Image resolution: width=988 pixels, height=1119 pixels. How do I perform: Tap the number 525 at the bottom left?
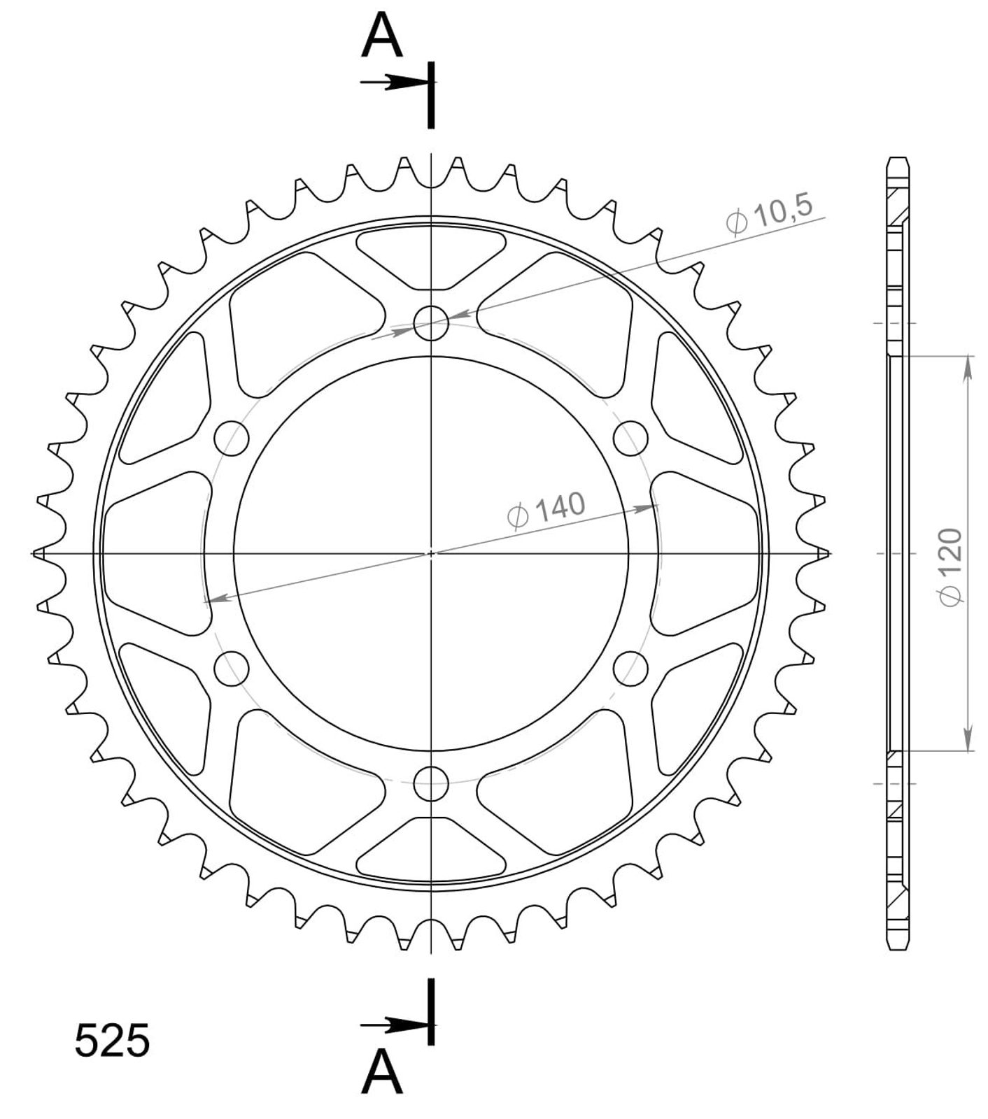coord(112,1041)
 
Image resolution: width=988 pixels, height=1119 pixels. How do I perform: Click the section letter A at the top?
coord(382,36)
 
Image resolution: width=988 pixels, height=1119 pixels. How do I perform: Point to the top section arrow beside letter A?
coord(394,83)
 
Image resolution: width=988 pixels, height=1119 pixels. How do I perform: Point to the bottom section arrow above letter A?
coord(394,1026)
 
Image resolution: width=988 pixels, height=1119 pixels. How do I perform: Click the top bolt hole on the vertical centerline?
coord(431,322)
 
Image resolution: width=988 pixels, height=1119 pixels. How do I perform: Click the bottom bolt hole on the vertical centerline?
coord(431,783)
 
